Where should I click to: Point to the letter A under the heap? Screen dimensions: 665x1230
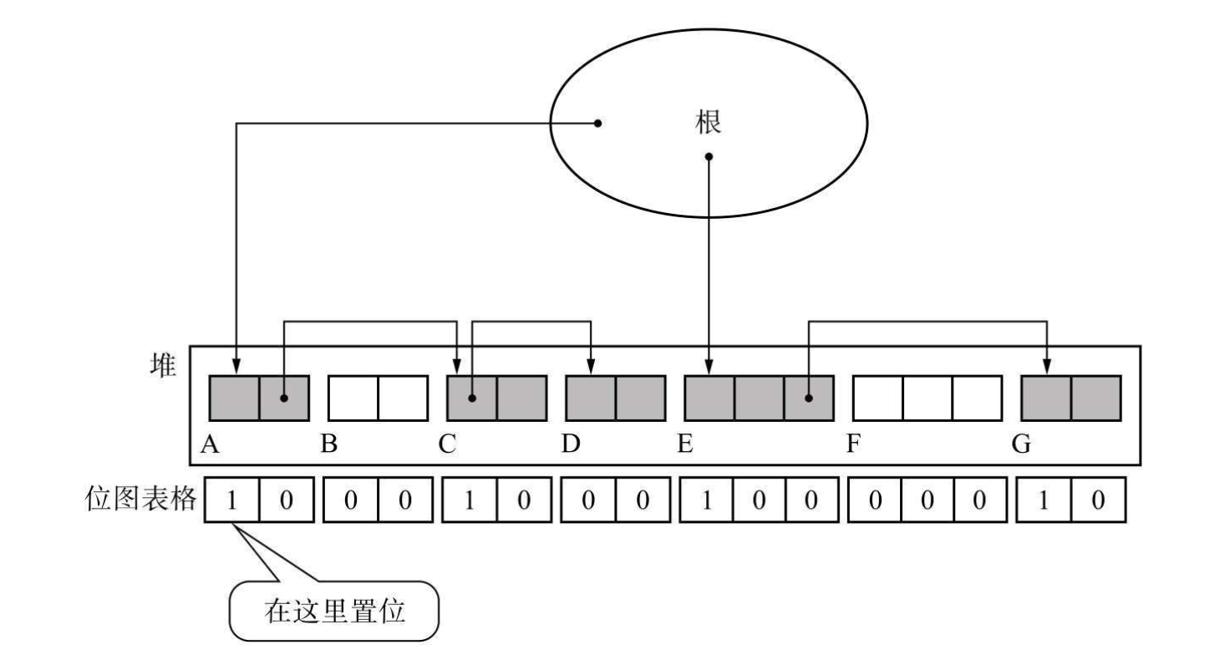(x=211, y=444)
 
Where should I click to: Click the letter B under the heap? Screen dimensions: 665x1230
(x=330, y=444)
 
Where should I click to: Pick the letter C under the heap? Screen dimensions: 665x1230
(x=449, y=444)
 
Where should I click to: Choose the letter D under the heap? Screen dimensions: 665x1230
(x=571, y=444)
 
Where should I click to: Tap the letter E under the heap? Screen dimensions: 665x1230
(x=686, y=444)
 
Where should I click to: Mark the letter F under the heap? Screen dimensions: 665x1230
(x=853, y=444)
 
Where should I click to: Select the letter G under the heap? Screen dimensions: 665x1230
(x=1022, y=444)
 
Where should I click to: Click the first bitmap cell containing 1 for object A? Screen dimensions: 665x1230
(x=232, y=500)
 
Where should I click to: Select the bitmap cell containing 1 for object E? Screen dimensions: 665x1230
(x=709, y=500)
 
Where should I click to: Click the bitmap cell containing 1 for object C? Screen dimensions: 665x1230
(x=470, y=500)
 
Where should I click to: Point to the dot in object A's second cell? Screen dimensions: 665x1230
(x=284, y=398)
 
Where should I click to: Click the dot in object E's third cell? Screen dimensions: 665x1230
(x=808, y=398)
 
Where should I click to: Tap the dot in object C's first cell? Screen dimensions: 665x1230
(x=472, y=398)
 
